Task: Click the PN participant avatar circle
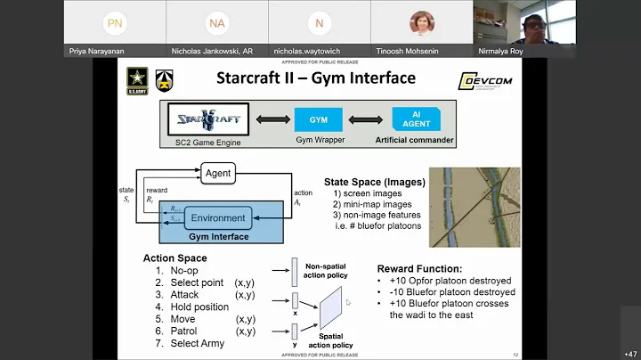coord(114,22)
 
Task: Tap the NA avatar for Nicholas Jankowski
coord(216,22)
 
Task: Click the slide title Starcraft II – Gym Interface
coord(315,78)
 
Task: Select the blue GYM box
coord(318,119)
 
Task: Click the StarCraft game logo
coord(206,119)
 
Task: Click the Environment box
coord(217,218)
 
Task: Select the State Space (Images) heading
coord(374,183)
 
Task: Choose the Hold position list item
coord(199,307)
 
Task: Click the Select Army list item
coord(199,344)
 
